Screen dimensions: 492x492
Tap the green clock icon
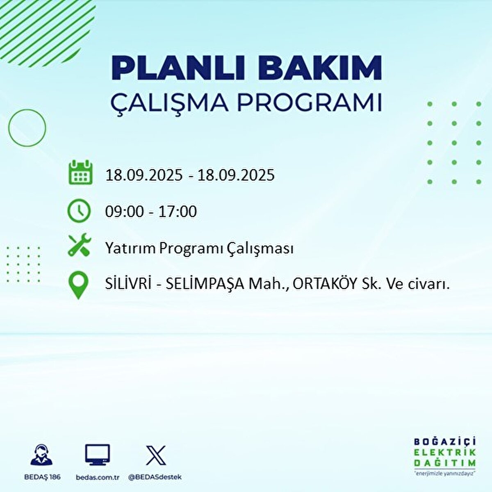79,211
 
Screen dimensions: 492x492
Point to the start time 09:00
124,212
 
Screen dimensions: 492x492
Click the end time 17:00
178,212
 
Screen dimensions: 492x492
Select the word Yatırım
130,248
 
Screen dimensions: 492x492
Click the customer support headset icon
42,456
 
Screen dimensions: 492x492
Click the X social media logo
156,455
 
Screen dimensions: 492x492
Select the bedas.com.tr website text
98,477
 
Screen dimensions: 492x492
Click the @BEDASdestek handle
155,477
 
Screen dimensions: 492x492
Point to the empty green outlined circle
27,128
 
